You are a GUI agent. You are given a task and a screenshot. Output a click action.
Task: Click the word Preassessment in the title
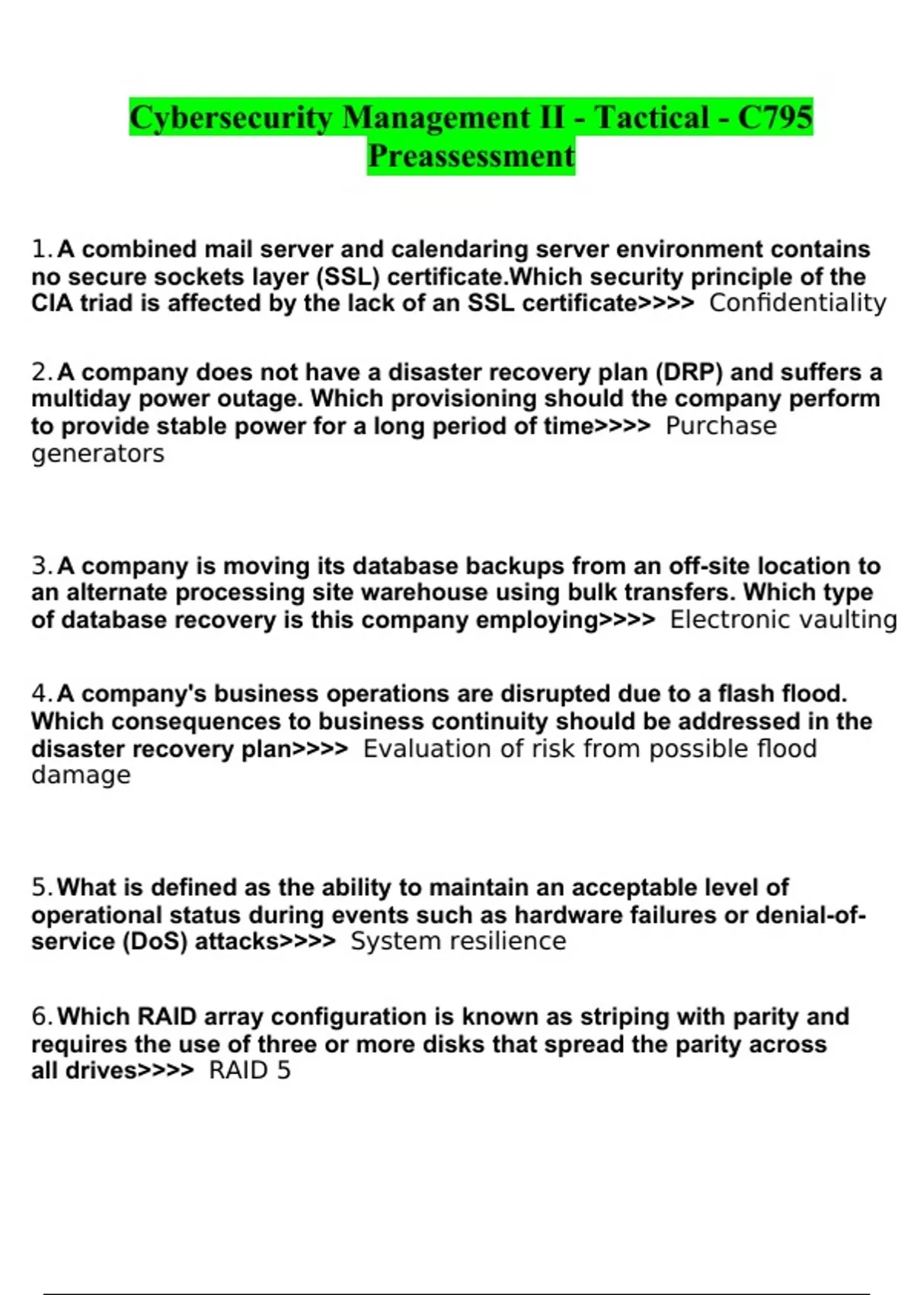tap(471, 156)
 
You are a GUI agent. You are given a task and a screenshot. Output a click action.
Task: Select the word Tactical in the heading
tap(651, 117)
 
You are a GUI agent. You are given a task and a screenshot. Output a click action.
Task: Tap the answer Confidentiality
tap(797, 303)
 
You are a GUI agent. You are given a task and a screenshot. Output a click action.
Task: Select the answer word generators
tap(97, 454)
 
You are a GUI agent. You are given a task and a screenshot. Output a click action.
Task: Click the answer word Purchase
tap(721, 426)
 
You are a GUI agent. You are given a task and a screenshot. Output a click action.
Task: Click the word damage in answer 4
tap(81, 775)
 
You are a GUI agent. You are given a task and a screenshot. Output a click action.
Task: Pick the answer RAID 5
tap(250, 1071)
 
